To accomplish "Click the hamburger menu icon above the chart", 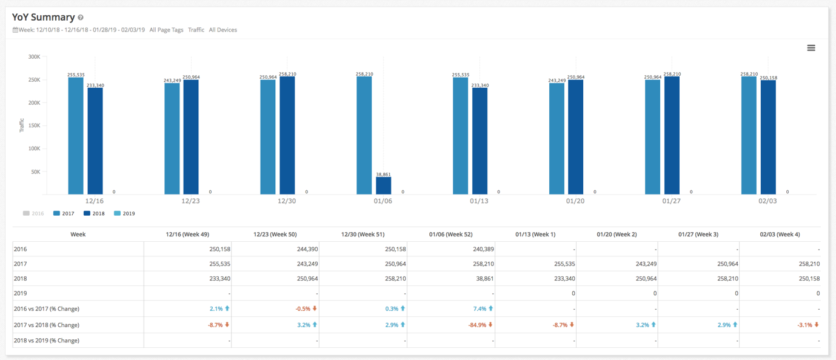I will point(811,48).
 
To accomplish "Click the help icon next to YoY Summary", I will point(81,18).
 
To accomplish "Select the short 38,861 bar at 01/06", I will point(383,185).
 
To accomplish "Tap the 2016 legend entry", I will point(33,213).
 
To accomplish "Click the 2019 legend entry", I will point(124,213).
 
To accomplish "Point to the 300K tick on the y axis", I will point(34,57).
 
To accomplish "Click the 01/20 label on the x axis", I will point(575,201).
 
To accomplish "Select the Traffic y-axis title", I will point(22,125).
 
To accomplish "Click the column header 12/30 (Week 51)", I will point(363,234).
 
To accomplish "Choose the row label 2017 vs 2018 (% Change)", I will point(47,325).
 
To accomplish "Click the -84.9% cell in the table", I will point(479,325).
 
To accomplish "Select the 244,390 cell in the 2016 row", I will point(303,249).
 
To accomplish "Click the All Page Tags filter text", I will point(166,30).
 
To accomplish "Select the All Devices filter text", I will point(222,30).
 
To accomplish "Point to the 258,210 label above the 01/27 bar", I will point(672,74).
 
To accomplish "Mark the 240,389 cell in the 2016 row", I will point(477,249).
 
